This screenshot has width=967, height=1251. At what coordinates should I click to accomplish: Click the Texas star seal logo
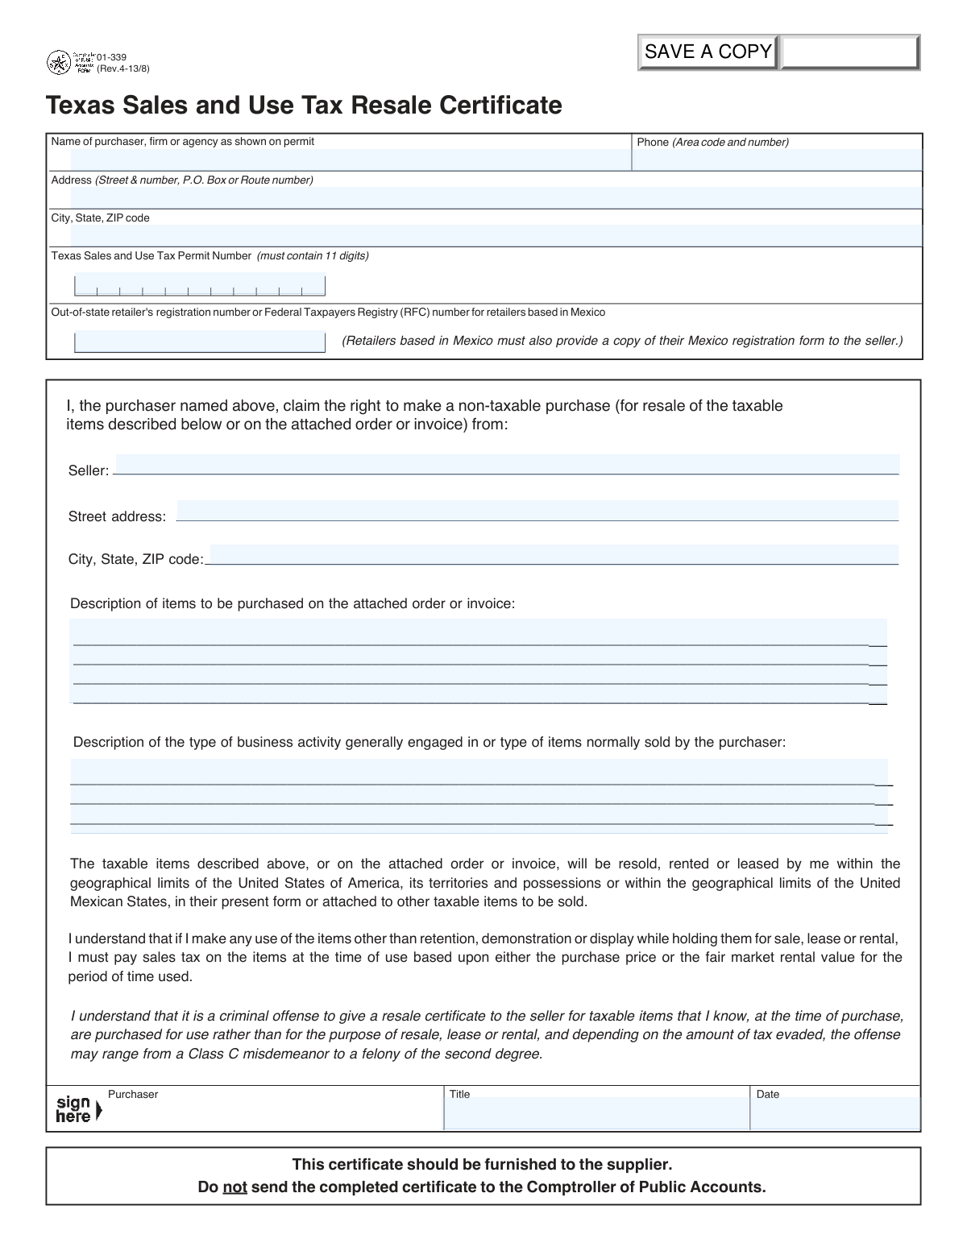(x=59, y=63)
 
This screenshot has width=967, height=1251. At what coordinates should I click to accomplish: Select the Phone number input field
(x=776, y=159)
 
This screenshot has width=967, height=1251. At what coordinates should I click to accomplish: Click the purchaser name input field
(x=351, y=159)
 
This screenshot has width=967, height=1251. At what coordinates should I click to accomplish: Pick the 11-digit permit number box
(x=200, y=286)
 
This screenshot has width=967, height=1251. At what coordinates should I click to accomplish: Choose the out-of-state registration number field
(x=200, y=342)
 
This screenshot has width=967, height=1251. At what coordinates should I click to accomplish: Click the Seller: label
(x=88, y=470)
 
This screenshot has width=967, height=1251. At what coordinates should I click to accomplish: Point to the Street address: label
(x=117, y=516)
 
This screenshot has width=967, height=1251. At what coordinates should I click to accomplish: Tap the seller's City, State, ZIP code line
(x=553, y=556)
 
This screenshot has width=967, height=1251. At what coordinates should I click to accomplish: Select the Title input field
(x=596, y=1114)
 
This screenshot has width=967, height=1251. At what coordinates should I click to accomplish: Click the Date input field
(x=835, y=1114)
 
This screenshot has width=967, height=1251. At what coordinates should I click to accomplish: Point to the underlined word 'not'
(x=234, y=1187)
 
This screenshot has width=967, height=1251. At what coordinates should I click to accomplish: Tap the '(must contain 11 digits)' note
(x=313, y=256)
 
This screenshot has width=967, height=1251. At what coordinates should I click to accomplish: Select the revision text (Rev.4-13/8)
(x=122, y=68)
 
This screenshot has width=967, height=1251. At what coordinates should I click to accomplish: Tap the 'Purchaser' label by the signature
(x=133, y=1094)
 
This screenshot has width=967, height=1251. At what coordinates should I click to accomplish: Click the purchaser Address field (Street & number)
(x=496, y=197)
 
